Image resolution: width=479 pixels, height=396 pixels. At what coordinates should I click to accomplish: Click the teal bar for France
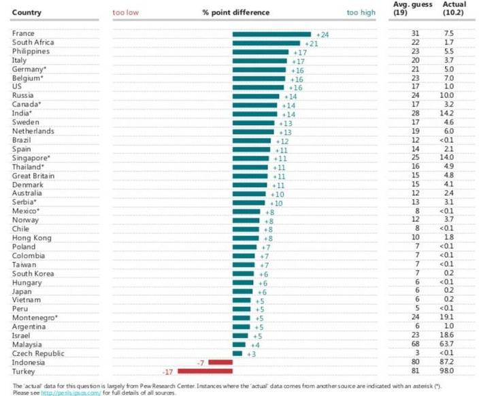(271, 34)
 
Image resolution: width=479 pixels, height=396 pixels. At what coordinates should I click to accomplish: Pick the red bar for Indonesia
(220, 363)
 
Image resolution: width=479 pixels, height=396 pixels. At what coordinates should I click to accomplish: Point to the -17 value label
(168, 372)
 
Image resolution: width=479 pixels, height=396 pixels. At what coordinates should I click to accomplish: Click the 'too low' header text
(126, 12)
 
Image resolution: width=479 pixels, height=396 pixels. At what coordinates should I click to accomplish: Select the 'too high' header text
(361, 12)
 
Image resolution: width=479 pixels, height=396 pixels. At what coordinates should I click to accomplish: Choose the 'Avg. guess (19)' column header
(409, 8)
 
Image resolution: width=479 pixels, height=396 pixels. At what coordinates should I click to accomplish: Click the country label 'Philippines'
(31, 52)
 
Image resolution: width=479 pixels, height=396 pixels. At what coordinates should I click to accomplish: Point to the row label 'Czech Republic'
(38, 354)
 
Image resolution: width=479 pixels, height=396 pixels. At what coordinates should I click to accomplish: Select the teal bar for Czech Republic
(237, 354)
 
